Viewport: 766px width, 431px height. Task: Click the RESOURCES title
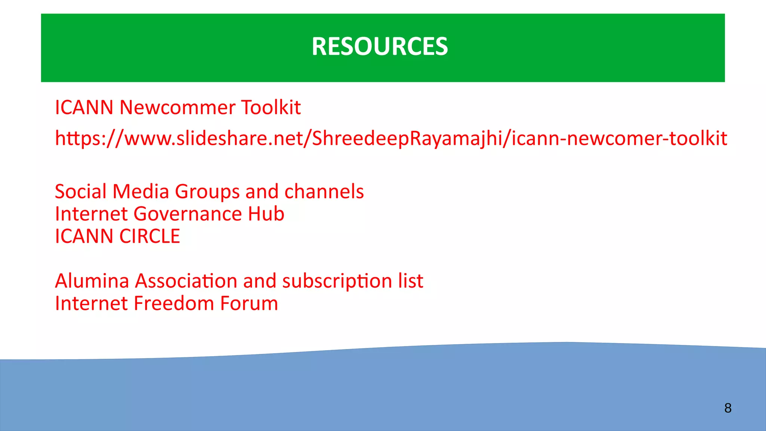(380, 46)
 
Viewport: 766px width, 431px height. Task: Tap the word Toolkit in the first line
(271, 108)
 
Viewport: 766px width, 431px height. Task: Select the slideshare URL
(391, 138)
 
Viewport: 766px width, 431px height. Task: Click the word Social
(81, 192)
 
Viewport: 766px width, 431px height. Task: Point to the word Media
(141, 192)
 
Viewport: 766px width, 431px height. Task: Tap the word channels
(324, 192)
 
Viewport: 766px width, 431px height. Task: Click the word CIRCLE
(150, 236)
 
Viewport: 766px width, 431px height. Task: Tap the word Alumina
(92, 281)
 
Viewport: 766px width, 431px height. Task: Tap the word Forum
(249, 303)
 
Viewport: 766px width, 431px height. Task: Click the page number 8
(728, 408)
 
